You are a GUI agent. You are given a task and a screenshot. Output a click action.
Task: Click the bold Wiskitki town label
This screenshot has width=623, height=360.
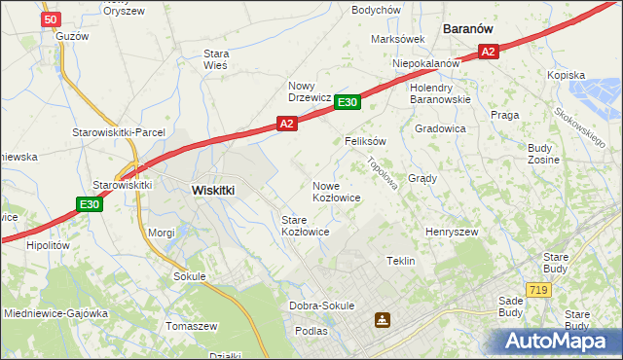click(x=213, y=191)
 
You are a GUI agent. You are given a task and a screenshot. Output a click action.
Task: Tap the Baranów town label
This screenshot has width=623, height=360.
click(x=471, y=29)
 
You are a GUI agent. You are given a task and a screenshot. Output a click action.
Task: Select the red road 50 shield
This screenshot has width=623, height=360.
click(x=53, y=18)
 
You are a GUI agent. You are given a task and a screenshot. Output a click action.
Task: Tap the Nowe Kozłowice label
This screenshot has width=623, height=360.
click(x=337, y=191)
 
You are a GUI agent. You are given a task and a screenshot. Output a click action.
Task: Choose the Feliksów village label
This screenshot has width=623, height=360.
click(x=366, y=141)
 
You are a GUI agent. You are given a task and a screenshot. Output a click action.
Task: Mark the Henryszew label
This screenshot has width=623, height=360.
click(x=452, y=233)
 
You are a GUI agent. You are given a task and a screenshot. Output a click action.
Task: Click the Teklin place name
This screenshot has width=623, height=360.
click(x=401, y=261)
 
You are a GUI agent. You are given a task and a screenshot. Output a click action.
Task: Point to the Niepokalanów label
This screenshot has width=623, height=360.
click(x=425, y=63)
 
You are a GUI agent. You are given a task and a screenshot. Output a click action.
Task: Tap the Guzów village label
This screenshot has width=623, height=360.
click(x=72, y=36)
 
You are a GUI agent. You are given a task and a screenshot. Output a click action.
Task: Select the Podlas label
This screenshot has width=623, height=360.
click(x=311, y=332)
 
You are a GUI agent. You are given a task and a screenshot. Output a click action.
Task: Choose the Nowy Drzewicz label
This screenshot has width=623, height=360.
click(x=311, y=90)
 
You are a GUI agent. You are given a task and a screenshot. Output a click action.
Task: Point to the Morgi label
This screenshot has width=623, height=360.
click(x=161, y=233)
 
